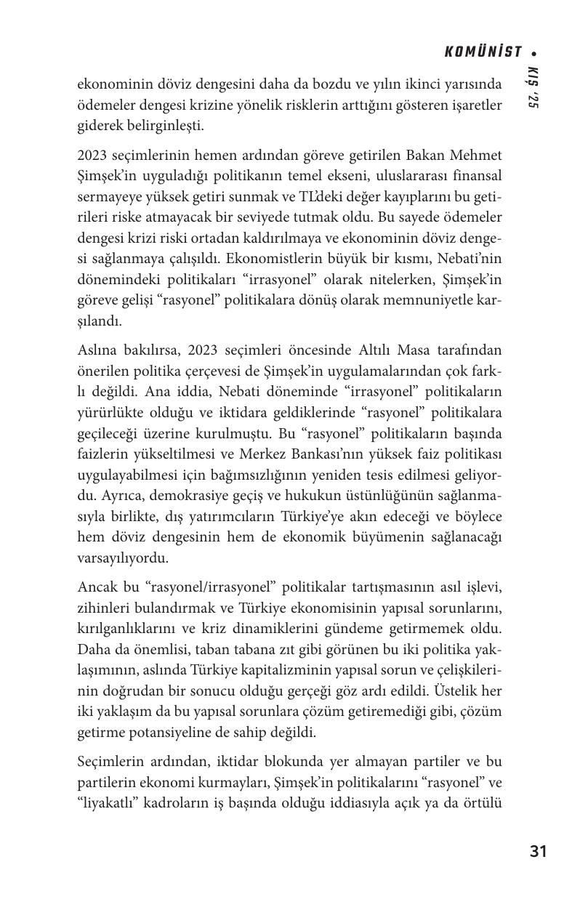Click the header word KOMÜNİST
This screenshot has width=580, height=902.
click(483, 52)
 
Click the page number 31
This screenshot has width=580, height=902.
click(538, 851)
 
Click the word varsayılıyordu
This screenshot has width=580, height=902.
click(122, 557)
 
